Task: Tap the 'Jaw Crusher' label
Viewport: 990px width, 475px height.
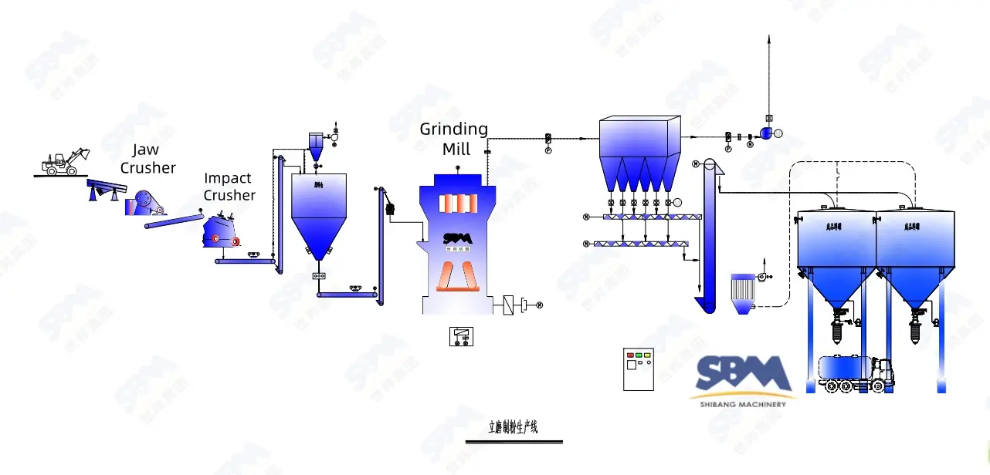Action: tap(147, 158)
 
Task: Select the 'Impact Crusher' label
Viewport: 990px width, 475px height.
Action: tap(229, 187)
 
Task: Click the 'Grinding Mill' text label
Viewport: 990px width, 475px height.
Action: tap(454, 138)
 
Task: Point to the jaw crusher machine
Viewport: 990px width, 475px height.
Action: tap(144, 202)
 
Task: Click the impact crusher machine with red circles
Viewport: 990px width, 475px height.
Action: tap(221, 232)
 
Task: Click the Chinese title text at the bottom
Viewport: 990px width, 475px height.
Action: tap(514, 427)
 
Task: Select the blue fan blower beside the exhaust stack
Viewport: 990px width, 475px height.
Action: tap(767, 133)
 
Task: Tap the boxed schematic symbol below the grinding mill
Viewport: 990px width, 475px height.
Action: tap(461, 336)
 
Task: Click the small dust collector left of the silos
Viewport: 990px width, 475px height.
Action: tap(742, 292)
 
